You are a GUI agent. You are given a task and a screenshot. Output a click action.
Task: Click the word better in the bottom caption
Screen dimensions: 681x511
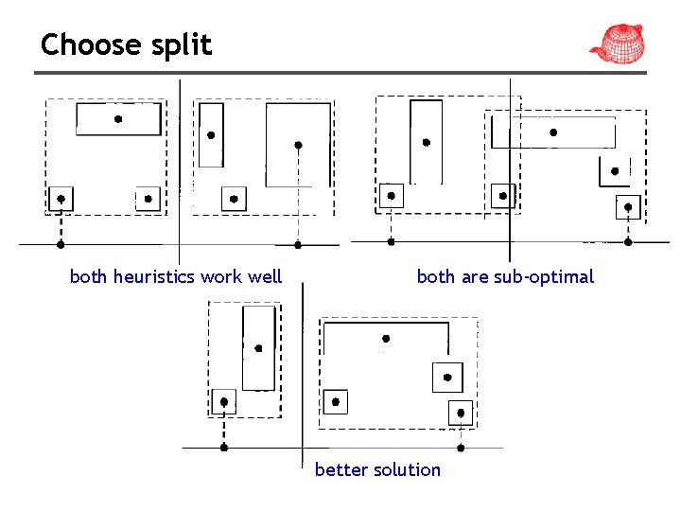pyautogui.click(x=339, y=469)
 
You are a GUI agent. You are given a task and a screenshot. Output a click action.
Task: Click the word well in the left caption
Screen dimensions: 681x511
pyautogui.click(x=265, y=276)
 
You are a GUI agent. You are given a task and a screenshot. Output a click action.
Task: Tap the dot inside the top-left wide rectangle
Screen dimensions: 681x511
pyautogui.click(x=117, y=119)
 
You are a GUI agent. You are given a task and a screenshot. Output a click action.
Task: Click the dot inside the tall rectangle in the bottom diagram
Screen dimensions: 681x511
pyautogui.click(x=257, y=347)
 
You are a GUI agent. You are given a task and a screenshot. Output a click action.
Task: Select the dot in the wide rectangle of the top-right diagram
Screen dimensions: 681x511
pyautogui.click(x=553, y=132)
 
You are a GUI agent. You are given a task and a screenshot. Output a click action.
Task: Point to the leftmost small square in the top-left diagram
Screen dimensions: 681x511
pyautogui.click(x=61, y=200)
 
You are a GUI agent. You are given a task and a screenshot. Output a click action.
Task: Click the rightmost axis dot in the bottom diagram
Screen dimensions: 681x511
pyautogui.click(x=461, y=448)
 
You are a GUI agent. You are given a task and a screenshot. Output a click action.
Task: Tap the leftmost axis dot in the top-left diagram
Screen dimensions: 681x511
pyautogui.click(x=61, y=244)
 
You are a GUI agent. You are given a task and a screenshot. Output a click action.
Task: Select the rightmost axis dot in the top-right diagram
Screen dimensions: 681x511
pyautogui.click(x=629, y=241)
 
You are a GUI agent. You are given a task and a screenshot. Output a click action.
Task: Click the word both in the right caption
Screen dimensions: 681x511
pyautogui.click(x=436, y=276)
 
